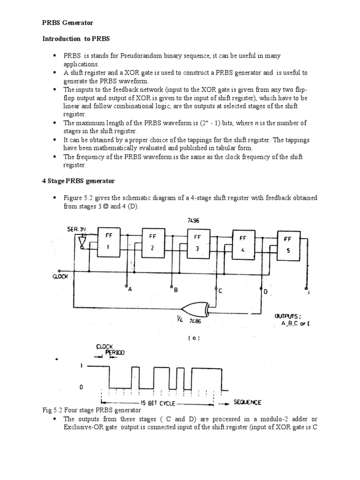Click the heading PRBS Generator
[x=68, y=22]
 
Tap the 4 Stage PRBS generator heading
[x=79, y=180]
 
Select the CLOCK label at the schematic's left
[x=60, y=277]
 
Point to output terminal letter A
[x=130, y=290]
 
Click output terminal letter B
[x=175, y=290]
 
